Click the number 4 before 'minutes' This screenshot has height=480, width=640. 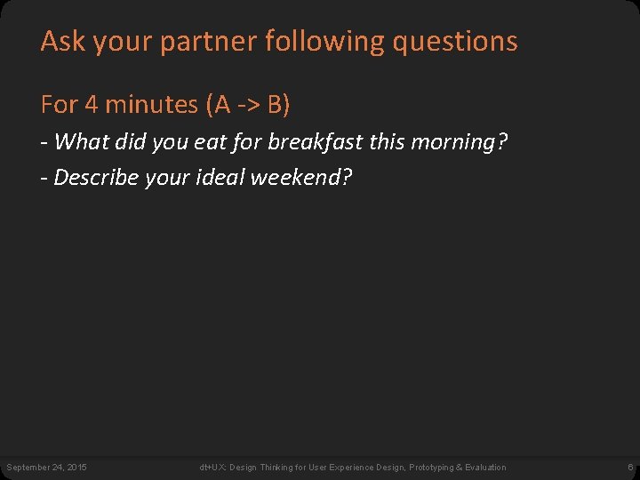point(91,105)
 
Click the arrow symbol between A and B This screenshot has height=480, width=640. point(248,106)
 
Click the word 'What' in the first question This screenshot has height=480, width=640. point(82,141)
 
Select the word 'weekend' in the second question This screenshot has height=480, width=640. point(300,177)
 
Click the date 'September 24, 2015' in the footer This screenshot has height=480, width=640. point(46,467)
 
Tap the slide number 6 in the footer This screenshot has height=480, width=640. point(630,467)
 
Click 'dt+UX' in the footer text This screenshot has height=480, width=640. point(211,467)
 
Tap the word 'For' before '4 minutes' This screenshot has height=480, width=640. point(59,105)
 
